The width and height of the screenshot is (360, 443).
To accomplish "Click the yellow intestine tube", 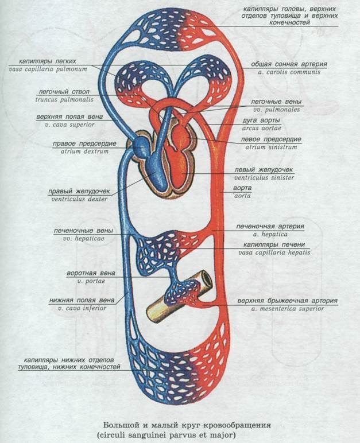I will tap(172, 301).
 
